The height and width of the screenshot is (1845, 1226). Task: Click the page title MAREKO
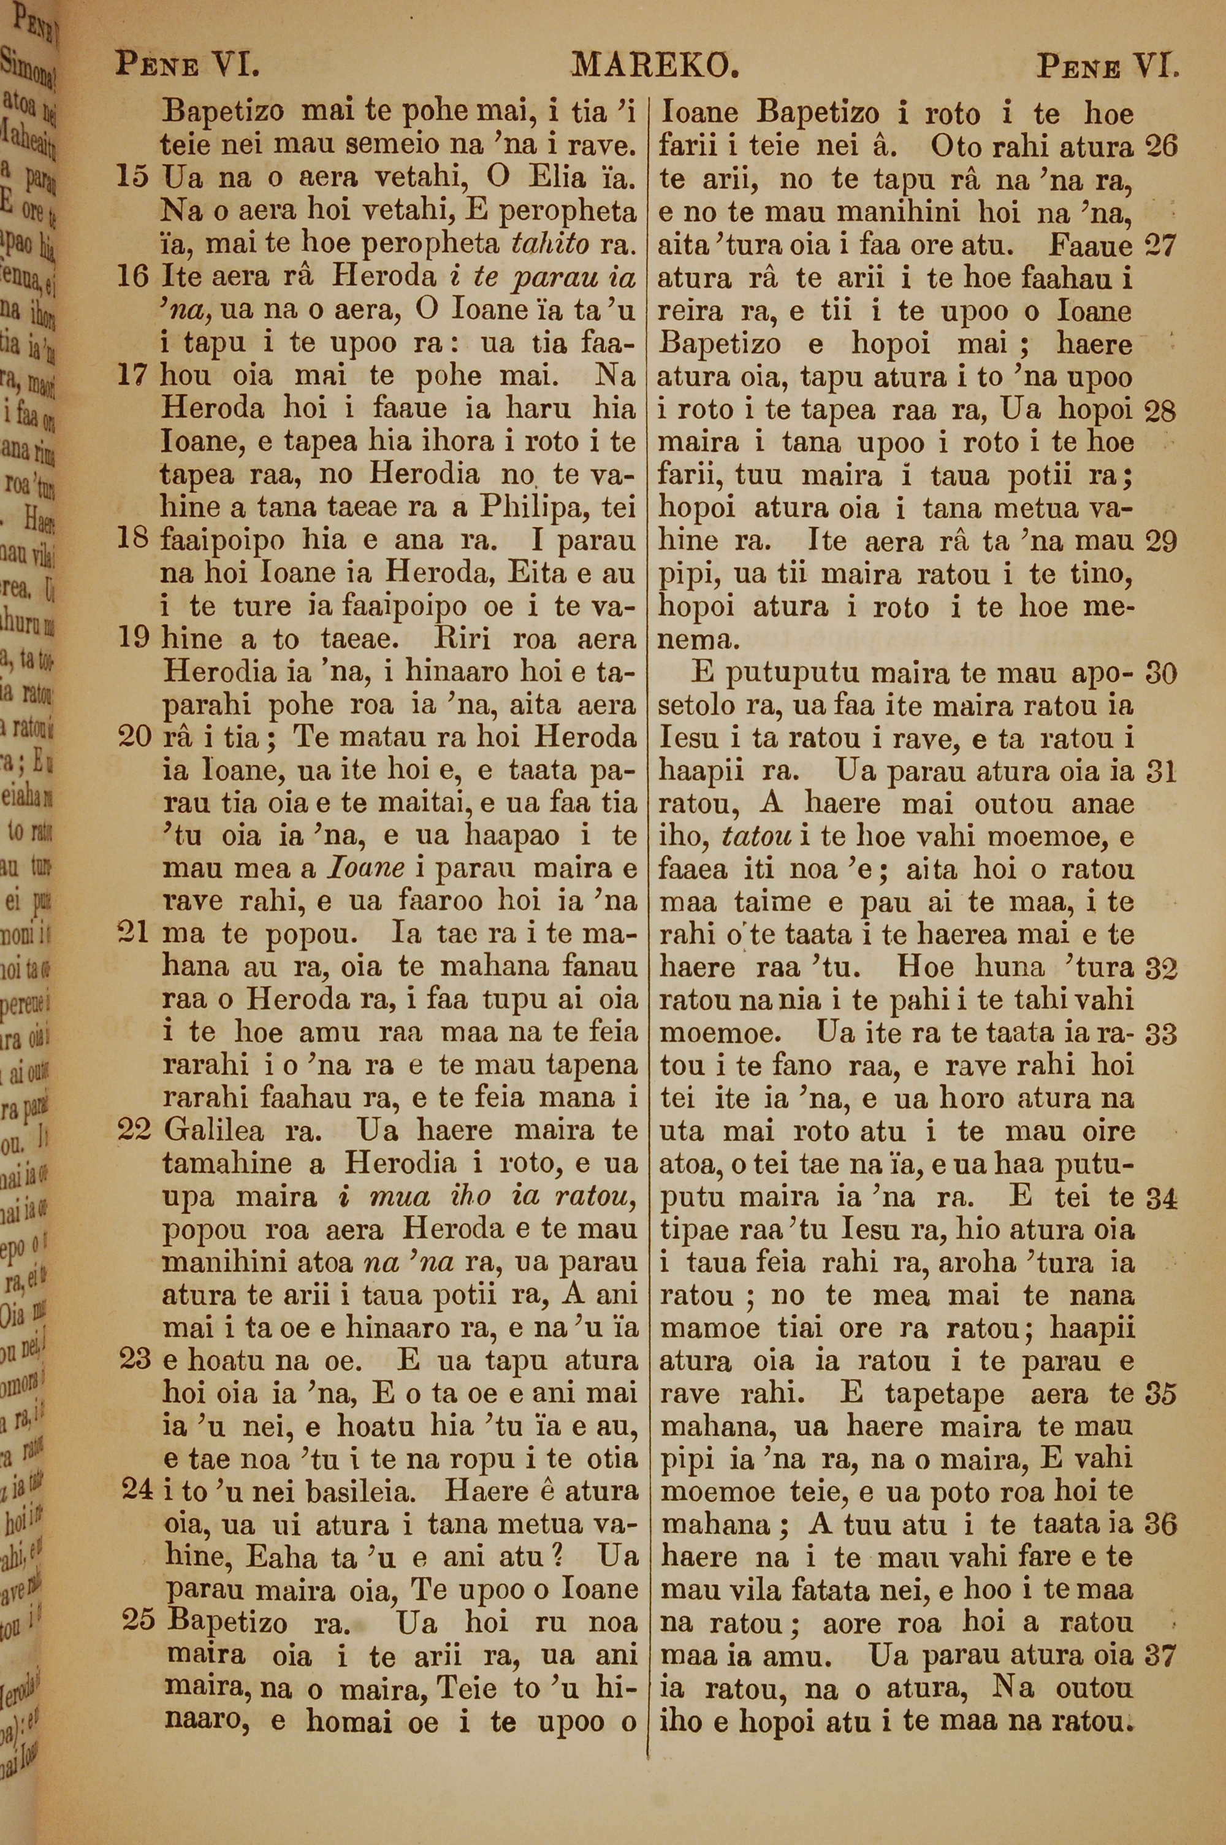tap(655, 66)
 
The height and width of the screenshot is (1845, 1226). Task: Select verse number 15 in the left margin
tap(132, 177)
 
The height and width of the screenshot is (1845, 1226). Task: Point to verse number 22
tap(133, 1130)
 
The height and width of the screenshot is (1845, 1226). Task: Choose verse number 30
tap(1160, 673)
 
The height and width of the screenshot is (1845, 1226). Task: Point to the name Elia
tap(557, 177)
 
